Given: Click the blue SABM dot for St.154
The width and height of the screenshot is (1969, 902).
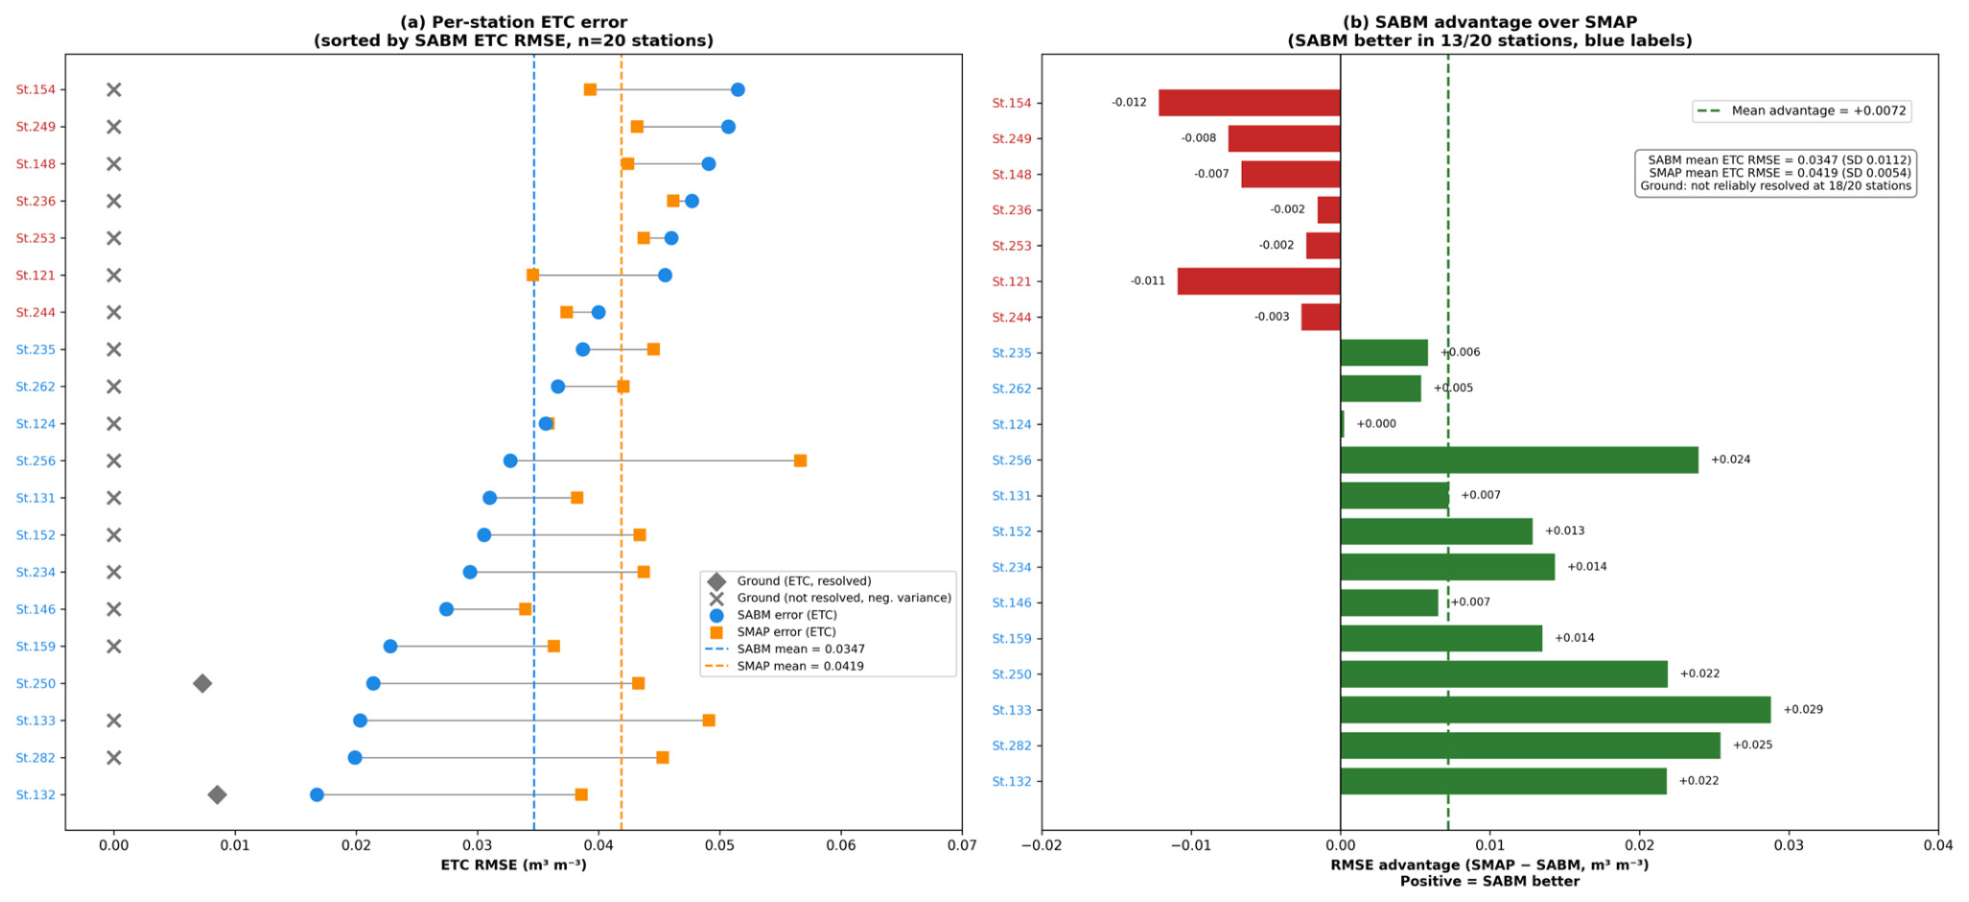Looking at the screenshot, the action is [738, 90].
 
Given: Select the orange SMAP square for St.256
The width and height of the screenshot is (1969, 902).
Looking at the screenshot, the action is [800, 461].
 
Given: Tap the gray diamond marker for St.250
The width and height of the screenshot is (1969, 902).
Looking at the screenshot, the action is [202, 683].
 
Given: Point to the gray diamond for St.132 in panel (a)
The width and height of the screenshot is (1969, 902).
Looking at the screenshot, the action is [218, 795].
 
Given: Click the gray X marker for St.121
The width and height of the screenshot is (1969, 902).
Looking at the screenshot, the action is [113, 275].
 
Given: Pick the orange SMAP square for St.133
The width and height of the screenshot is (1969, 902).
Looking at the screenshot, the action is [709, 721].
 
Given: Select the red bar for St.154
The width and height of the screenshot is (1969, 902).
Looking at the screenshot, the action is [1250, 103].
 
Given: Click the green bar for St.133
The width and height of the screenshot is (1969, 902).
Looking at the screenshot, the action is [1556, 710].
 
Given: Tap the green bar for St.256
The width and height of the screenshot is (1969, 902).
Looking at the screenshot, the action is [1519, 460].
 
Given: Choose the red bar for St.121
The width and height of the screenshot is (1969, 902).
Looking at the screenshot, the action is [1259, 281].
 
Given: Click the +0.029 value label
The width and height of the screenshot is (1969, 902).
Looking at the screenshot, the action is [1803, 710].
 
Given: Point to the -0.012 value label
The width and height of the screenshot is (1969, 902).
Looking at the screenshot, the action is [1129, 103].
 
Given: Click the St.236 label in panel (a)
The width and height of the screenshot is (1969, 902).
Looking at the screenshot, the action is [35, 202].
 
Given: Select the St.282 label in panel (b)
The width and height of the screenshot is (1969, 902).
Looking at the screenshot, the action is [1012, 746].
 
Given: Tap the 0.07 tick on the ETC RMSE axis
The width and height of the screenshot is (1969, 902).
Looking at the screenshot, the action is [962, 845].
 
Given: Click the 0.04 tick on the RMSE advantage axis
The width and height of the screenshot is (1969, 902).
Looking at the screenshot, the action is [1938, 845].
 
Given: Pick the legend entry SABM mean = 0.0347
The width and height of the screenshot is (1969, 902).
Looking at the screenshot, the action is [785, 650].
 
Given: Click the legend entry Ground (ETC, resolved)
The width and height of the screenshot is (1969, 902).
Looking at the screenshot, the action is [788, 582].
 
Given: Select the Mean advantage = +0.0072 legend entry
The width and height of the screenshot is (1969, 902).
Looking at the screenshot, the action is [1802, 111].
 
